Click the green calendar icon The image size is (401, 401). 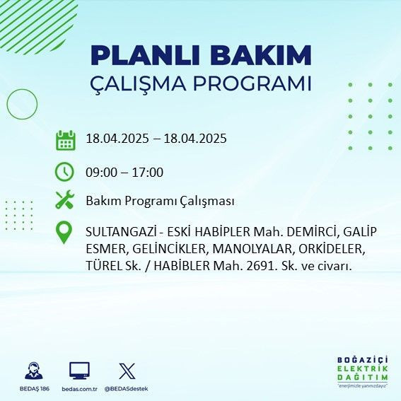point(65,140)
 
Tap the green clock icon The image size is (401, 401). point(65,172)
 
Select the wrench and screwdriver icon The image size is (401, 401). point(65,201)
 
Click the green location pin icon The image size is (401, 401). point(65,233)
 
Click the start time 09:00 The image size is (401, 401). point(100,172)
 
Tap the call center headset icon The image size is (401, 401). point(33,371)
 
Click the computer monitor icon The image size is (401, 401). point(79,371)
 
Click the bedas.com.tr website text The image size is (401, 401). point(79,389)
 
